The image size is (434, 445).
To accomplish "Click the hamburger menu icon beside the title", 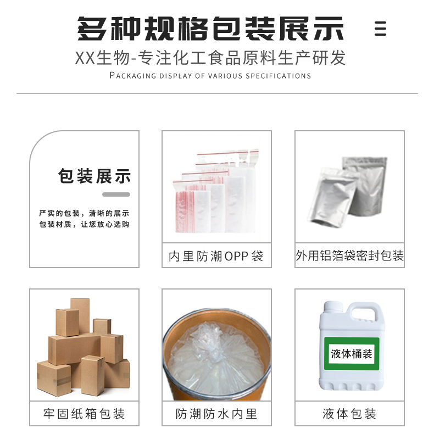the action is point(380,29).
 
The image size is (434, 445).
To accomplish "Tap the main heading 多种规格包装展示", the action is point(210,29).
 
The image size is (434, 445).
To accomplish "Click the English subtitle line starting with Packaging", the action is point(210,75).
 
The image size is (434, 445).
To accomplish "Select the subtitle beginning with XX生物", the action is point(210,58).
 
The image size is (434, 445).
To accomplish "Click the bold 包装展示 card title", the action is point(94,176).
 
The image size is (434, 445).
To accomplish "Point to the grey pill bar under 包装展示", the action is point(116,194).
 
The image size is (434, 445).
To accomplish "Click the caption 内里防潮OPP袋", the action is point(216,256).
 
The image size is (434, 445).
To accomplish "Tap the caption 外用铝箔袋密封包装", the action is point(349,255).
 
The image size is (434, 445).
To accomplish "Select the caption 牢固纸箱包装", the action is point(84,414).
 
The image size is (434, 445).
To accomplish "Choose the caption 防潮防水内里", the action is point(216,414).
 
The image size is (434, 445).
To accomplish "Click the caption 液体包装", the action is point(349,414).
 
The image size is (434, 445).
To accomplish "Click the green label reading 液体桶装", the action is point(352,354).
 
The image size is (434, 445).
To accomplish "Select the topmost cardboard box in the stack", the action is point(80,315).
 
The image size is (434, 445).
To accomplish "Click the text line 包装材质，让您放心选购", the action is point(84,224).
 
